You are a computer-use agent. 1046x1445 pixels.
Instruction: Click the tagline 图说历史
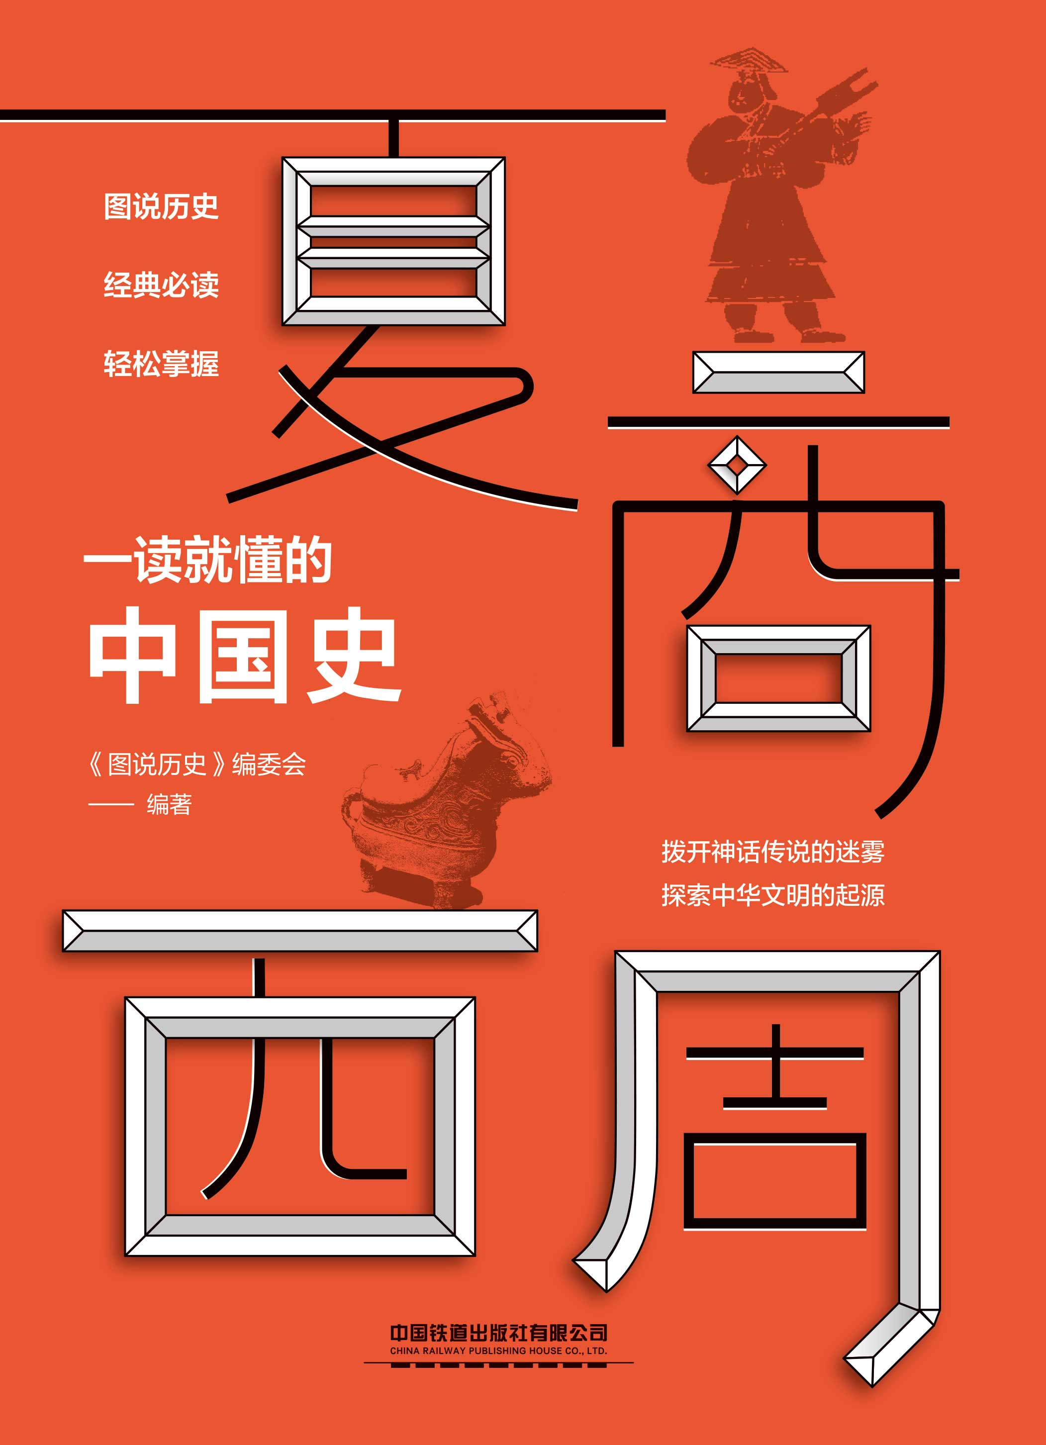pos(161,206)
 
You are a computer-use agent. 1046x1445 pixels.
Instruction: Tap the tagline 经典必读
pos(161,285)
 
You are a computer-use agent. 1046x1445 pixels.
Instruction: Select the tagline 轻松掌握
pos(161,364)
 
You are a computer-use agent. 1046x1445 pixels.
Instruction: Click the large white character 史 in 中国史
pos(352,656)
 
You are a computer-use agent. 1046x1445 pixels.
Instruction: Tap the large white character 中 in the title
pos(132,656)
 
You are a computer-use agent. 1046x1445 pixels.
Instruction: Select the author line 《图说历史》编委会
pos(197,764)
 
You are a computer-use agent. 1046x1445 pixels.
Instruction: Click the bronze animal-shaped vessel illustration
pos(446,809)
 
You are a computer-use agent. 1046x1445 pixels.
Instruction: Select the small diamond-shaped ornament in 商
pos(737,465)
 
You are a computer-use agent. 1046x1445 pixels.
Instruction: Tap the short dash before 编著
pos(111,805)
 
